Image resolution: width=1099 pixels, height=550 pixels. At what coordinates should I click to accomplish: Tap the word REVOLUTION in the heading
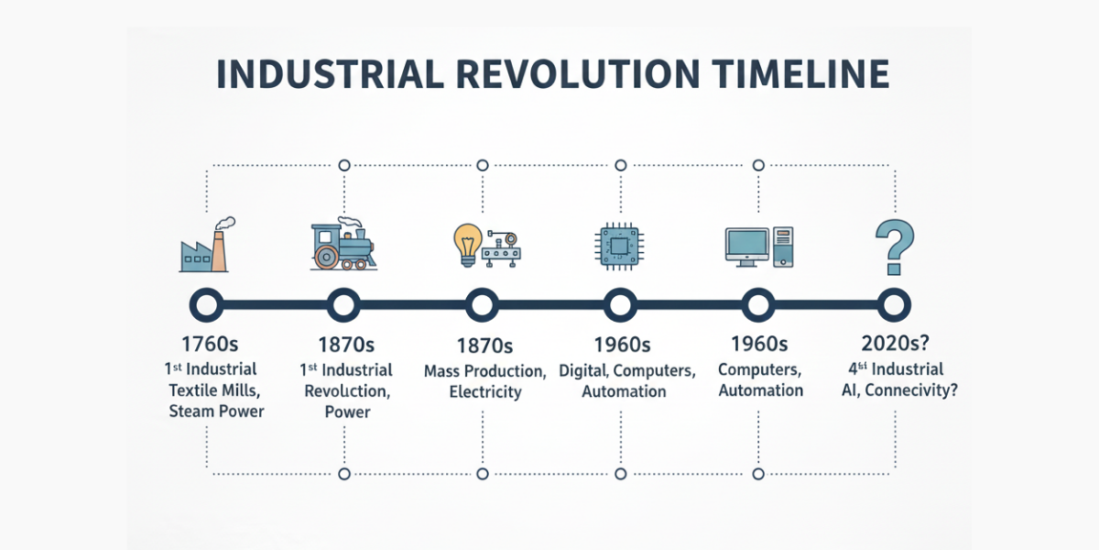578,74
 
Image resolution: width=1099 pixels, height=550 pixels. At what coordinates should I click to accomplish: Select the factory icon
207,245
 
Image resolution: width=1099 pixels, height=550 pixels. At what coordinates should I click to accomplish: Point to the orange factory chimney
219,250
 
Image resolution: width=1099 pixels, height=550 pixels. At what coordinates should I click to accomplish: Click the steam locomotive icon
343,244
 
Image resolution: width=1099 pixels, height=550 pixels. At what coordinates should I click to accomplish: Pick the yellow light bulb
468,245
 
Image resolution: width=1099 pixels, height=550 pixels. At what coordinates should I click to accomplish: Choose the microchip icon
620,246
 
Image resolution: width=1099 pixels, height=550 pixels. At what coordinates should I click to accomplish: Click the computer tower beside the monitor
783,247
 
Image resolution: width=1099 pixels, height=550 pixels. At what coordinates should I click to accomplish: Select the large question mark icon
895,247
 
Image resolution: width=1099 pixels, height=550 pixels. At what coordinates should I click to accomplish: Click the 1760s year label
210,344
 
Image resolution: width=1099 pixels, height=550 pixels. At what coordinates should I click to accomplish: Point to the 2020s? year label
896,343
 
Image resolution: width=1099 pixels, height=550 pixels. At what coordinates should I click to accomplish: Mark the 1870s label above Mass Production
484,346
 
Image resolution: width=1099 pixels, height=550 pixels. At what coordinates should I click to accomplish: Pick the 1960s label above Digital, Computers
622,345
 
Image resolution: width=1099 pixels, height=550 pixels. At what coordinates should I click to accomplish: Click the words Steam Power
216,411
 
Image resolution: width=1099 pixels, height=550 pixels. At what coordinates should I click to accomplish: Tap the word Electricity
485,392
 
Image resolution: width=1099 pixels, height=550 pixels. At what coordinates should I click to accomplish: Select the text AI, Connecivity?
899,390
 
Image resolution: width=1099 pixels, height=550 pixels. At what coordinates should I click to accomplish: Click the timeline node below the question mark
894,305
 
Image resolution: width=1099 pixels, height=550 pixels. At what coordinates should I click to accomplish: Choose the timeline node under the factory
207,305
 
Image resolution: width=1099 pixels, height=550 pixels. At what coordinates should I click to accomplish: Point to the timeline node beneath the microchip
620,305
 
